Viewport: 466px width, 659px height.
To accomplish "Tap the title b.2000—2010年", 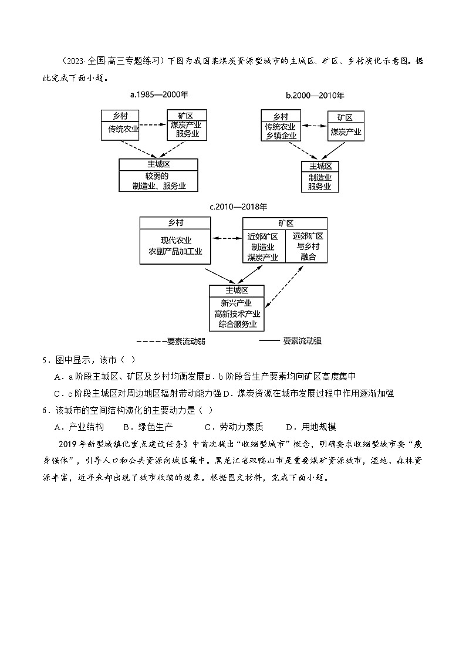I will pos(315,95).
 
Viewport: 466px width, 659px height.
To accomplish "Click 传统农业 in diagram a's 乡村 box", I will pos(121,129).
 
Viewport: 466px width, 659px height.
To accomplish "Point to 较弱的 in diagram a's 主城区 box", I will pos(158,175).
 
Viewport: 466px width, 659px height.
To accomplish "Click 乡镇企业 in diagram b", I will pos(281,136).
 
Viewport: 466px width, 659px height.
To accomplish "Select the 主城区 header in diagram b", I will pos(320,166).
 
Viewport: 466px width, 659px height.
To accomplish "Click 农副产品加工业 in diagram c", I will pos(175,251).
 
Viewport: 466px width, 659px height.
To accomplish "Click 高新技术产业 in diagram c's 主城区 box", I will pos(237,314).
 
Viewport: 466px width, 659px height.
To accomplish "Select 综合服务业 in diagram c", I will pos(237,325).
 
